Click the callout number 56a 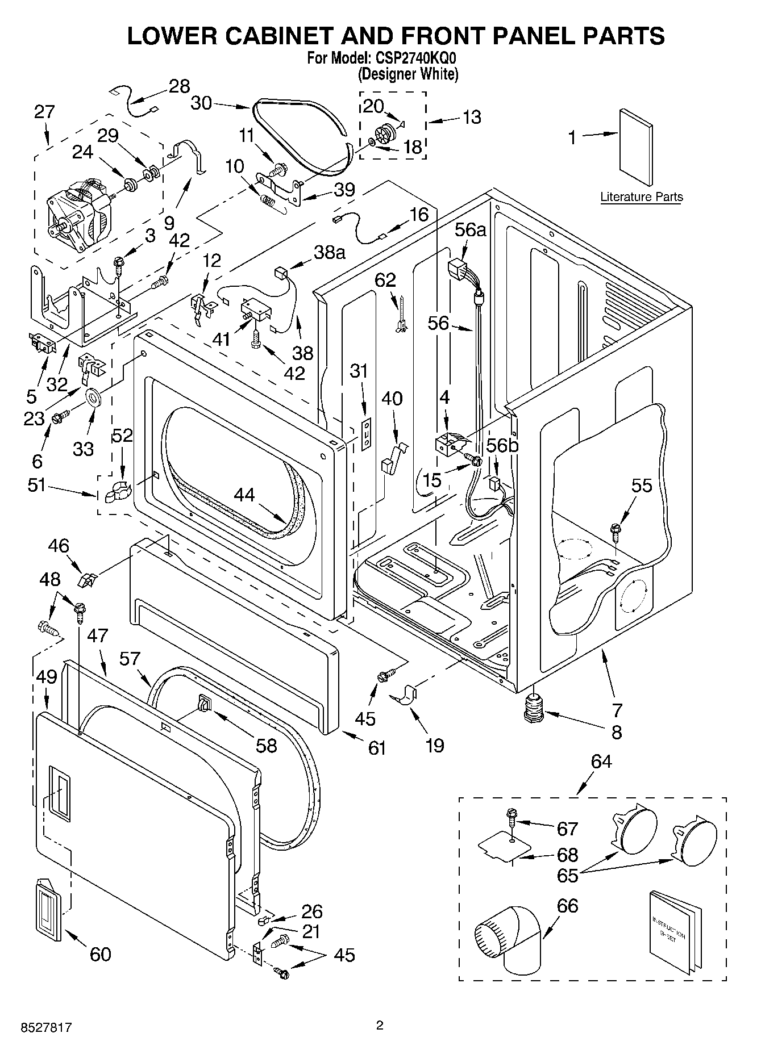471,229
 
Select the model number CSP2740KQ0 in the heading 414,58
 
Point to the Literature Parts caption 642,197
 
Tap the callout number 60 100,954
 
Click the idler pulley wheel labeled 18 388,135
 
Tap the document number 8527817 39,1028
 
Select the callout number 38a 330,252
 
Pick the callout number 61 377,748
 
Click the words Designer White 407,74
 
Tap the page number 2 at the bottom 380,1025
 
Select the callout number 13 472,117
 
